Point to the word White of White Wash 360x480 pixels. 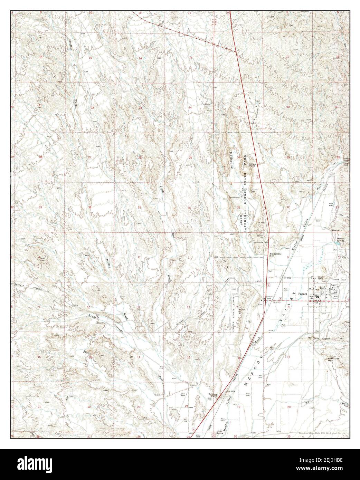[310, 402]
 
